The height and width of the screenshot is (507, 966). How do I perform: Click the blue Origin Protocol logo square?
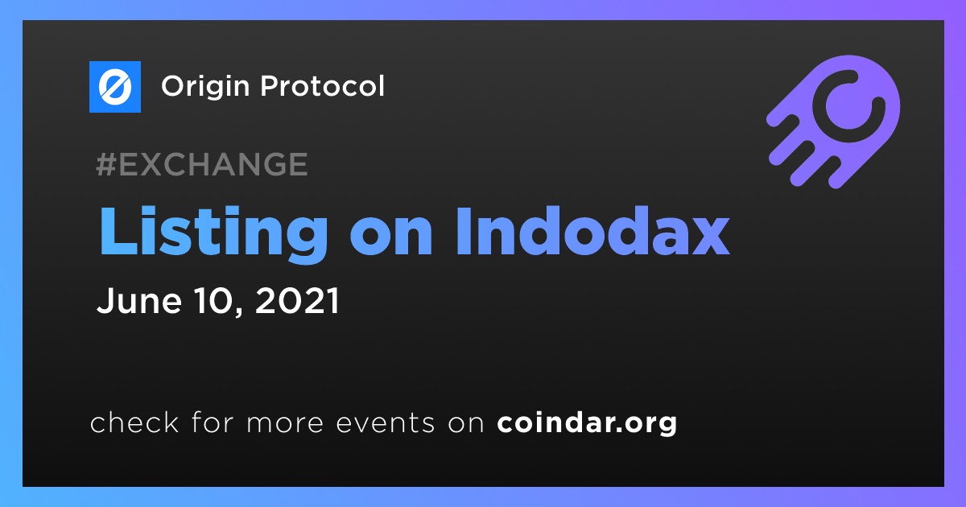(114, 87)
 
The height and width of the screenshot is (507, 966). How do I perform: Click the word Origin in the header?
(205, 86)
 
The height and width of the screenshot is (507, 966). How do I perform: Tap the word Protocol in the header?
(322, 85)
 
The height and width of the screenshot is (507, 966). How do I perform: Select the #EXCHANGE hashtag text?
(202, 164)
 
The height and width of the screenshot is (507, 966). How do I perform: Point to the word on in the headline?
(391, 237)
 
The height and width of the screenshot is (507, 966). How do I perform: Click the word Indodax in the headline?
(593, 232)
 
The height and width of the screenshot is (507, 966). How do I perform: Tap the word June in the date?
(139, 300)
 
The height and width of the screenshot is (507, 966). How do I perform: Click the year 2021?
(297, 300)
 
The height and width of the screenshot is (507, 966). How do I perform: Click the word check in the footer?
(134, 422)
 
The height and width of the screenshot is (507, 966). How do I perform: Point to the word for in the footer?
(213, 422)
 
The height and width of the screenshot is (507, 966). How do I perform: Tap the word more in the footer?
(285, 423)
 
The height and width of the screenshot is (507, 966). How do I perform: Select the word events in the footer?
(386, 422)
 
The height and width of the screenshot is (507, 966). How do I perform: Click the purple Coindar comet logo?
(834, 122)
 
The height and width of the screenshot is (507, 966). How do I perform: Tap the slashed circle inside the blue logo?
(114, 87)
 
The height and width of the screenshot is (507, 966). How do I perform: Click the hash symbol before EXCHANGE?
(106, 164)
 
